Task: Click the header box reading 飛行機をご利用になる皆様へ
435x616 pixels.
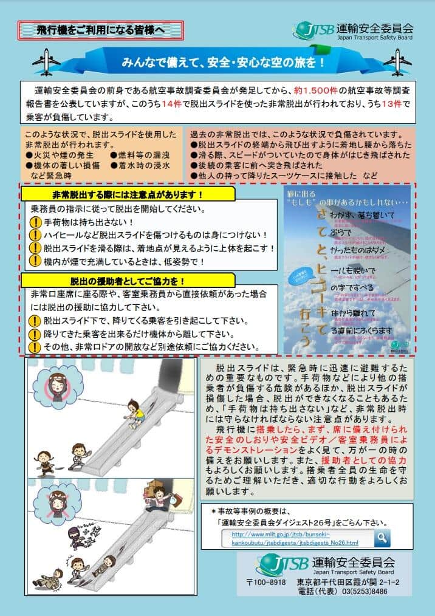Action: click(100, 29)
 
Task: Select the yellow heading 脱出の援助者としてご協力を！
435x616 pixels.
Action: click(128, 280)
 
